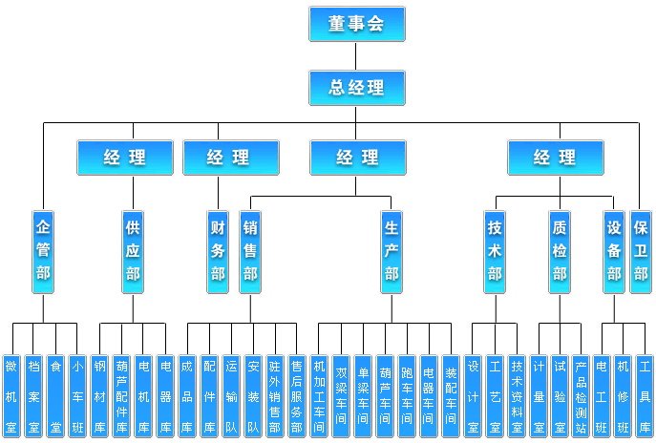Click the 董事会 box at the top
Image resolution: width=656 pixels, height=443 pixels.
356,25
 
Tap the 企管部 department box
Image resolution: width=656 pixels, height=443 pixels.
43,252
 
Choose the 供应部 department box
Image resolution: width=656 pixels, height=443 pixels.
133,252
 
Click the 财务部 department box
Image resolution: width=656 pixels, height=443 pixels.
219,252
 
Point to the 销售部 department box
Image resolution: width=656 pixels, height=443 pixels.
250,252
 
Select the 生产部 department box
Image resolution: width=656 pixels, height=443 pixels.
391,252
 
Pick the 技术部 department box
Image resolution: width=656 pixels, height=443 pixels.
496,252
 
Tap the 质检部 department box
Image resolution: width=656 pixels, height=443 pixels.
559,252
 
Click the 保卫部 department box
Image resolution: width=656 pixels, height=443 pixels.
640,252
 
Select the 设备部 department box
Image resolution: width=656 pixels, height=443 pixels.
614,252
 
